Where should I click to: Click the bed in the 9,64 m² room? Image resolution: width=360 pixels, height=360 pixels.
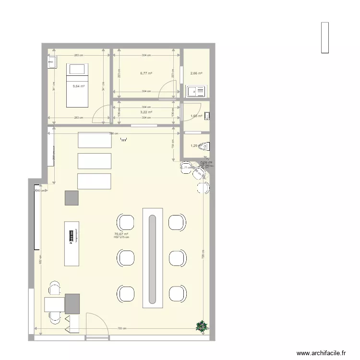tap(77, 85)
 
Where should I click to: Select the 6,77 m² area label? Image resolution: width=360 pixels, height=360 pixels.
tap(146, 73)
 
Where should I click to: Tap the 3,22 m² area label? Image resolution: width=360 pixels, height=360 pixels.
tap(146, 112)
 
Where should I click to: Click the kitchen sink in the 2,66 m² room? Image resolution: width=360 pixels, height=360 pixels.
tap(195, 91)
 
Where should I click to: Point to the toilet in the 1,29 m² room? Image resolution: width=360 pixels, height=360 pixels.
tap(205, 146)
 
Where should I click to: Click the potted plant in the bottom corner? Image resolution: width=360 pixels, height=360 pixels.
tap(202, 326)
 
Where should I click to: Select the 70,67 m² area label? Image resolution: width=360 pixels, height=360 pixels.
tap(121, 234)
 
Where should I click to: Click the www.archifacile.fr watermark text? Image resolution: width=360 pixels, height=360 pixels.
tap(321, 353)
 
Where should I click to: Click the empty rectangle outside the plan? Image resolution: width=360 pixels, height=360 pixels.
tap(325, 37)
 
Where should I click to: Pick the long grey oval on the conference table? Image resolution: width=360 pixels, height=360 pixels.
tap(152, 259)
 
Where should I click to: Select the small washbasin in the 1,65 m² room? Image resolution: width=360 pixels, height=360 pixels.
tap(207, 116)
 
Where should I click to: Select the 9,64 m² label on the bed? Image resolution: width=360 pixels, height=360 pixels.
tap(78, 86)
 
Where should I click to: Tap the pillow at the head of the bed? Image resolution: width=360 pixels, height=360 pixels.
tap(77, 69)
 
